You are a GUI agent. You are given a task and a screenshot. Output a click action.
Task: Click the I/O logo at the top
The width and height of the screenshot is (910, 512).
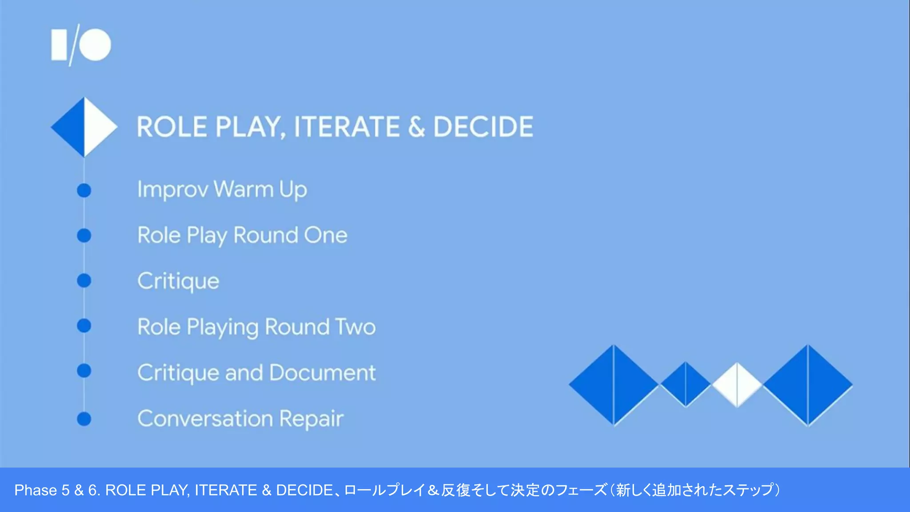[x=81, y=45]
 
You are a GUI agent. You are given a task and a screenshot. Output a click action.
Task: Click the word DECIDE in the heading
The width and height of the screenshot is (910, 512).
[x=483, y=127]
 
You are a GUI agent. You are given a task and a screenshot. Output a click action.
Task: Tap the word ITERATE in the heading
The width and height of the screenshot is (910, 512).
[x=347, y=127]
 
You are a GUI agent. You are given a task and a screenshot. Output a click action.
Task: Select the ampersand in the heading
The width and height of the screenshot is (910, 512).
[x=416, y=127]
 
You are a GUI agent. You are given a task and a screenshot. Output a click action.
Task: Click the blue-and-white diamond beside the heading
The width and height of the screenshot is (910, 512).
[x=84, y=127]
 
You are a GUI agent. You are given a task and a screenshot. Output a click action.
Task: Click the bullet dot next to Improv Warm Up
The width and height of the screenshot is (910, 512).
[x=84, y=190]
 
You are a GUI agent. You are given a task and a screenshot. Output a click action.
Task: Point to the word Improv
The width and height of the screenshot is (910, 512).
[x=172, y=190]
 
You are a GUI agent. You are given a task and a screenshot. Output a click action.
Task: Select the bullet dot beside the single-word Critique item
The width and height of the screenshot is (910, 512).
[x=84, y=280]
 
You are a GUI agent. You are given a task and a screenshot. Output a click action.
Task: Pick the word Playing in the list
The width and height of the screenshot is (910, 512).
[x=222, y=328]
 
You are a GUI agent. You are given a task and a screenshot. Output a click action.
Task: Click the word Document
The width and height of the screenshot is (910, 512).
[x=322, y=372]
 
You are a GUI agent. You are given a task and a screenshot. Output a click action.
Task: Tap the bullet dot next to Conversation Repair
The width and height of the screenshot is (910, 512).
[x=84, y=419]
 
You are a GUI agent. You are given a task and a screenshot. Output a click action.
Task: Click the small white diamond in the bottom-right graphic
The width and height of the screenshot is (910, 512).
[x=737, y=385]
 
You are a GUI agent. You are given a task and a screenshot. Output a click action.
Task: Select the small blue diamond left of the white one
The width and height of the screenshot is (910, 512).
[x=686, y=384]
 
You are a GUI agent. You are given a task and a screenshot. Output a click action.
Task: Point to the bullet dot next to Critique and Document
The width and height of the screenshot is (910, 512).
[x=84, y=371]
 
